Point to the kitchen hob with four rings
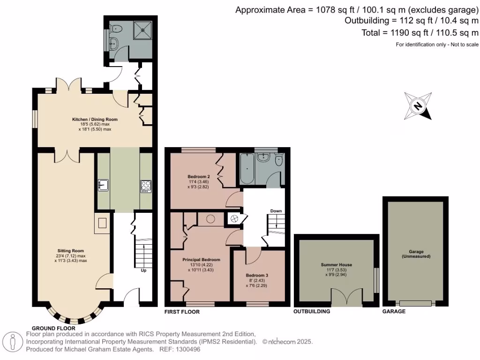(x=146, y=186)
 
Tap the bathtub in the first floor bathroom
(x=247, y=169)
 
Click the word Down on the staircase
(x=276, y=211)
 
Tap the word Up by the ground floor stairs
(x=143, y=270)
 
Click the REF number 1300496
(x=187, y=349)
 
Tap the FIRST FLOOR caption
(x=182, y=312)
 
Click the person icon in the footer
(x=14, y=342)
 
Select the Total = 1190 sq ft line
(x=420, y=33)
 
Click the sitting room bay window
(x=75, y=317)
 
